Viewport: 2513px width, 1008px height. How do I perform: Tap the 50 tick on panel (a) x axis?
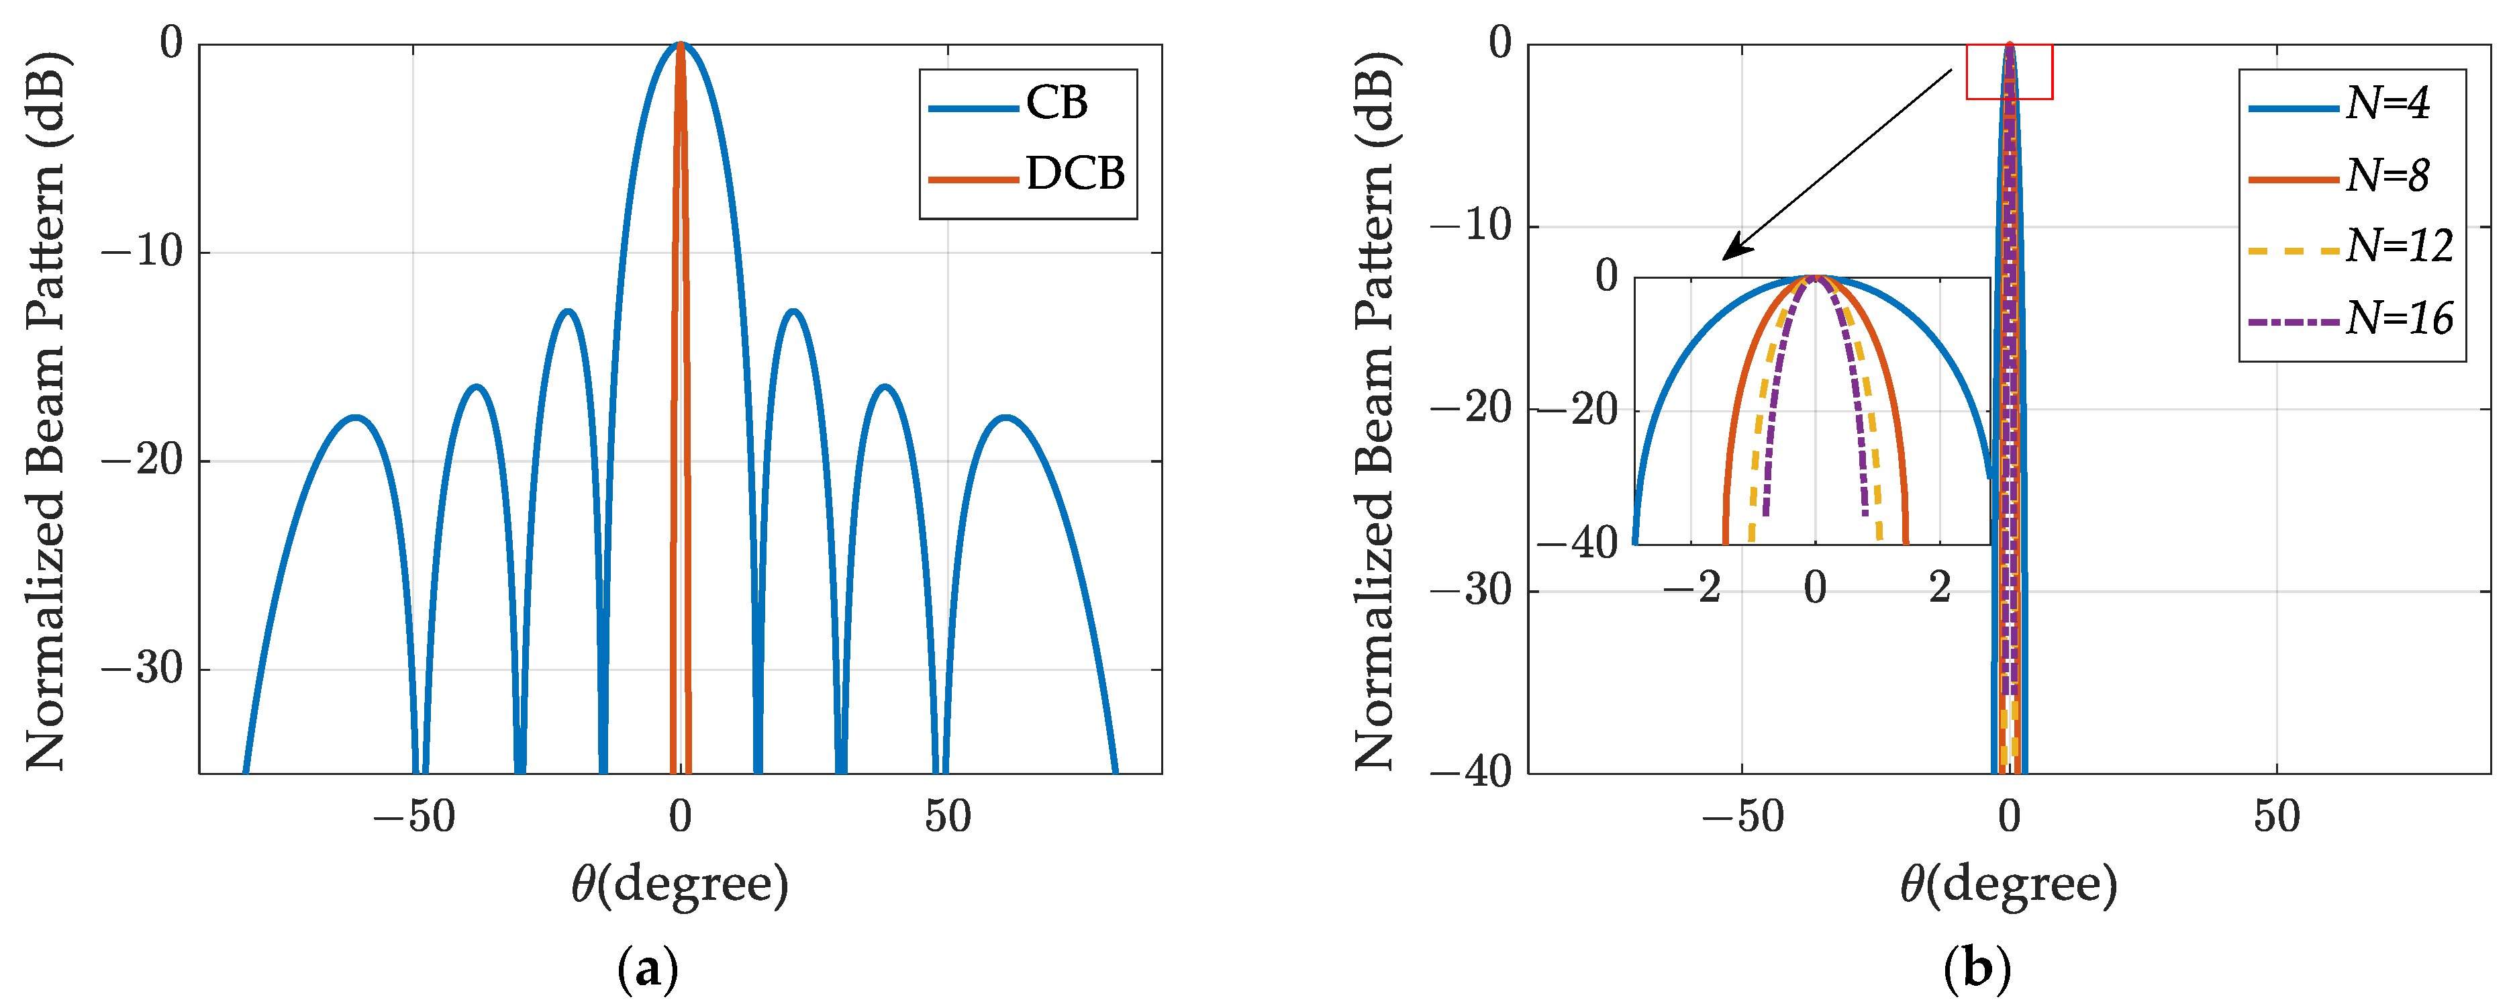coord(947,817)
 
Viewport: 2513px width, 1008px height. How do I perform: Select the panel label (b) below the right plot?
coord(1977,971)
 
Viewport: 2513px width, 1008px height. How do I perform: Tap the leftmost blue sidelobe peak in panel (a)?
coord(355,418)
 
